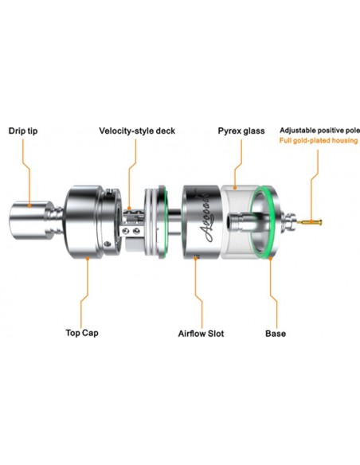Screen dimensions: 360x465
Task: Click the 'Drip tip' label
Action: coord(23,131)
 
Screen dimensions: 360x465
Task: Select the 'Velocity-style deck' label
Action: coord(137,131)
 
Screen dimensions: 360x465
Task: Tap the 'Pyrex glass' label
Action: coord(241,131)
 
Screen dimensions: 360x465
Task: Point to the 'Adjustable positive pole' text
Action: coord(319,131)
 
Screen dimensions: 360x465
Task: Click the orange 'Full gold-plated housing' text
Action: coord(319,140)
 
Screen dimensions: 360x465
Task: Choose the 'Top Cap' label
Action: coord(82,333)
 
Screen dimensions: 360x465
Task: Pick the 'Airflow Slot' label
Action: coord(201,334)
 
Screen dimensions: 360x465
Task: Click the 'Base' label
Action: coord(276,334)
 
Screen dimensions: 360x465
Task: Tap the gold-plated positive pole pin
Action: coord(309,221)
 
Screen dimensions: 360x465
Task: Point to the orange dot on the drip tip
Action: coord(29,205)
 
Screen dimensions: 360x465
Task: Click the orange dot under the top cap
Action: coord(88,258)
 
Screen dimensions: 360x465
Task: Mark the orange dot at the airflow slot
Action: coord(195,258)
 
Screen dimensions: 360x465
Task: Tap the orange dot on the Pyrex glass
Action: coord(235,187)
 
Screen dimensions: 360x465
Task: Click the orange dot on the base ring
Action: coord(270,258)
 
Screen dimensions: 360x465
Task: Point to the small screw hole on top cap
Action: coord(107,244)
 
